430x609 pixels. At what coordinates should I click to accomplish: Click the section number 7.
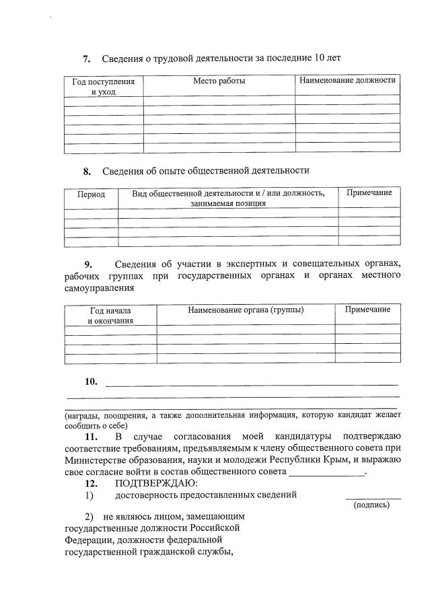click(x=87, y=59)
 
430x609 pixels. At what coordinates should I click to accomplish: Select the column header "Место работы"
click(x=219, y=81)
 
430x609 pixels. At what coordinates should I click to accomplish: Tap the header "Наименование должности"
click(x=347, y=81)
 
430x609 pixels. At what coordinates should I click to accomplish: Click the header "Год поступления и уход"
click(x=104, y=87)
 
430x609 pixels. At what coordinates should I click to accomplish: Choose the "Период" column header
click(x=92, y=194)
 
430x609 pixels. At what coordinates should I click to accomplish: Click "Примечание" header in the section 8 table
click(x=369, y=193)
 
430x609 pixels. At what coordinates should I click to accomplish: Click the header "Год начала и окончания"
click(x=110, y=316)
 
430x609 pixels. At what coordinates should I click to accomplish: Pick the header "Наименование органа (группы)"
click(x=246, y=310)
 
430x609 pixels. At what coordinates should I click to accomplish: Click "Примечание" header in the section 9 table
click(x=367, y=310)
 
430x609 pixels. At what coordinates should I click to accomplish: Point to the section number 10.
click(x=91, y=382)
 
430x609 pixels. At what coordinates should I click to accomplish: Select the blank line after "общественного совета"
click(x=326, y=474)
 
